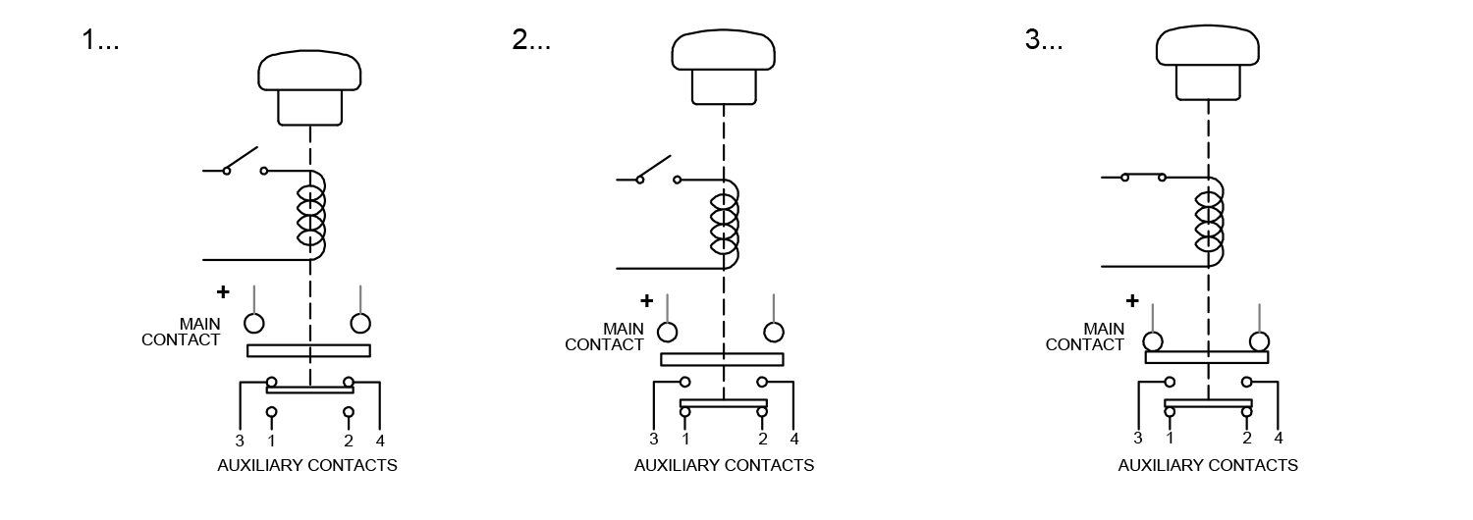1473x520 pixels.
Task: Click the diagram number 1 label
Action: [100, 39]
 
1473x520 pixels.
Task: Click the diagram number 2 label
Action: [531, 39]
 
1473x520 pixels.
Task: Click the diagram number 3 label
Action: [1044, 39]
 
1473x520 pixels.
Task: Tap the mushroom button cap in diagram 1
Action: [309, 71]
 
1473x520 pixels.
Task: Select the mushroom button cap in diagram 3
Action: [1208, 45]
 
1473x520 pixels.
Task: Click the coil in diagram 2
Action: [725, 225]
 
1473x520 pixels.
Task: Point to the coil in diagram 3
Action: [1209, 222]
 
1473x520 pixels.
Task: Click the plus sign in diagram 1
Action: [223, 291]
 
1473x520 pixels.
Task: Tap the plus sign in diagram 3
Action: [1131, 300]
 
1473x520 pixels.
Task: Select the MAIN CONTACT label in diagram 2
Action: [604, 337]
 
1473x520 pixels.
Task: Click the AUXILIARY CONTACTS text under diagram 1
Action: [307, 465]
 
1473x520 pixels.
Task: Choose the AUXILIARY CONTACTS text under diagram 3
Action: [1208, 465]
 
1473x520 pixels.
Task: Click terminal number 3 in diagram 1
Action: [240, 441]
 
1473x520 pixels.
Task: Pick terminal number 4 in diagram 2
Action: [794, 439]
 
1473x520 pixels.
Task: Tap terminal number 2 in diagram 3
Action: [1247, 438]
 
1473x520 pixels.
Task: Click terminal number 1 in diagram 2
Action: [685, 439]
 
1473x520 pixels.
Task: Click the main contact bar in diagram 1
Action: [308, 351]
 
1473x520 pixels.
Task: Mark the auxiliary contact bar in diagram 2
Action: [724, 403]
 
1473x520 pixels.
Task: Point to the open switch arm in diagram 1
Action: [242, 159]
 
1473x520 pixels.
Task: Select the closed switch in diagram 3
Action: [1144, 177]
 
